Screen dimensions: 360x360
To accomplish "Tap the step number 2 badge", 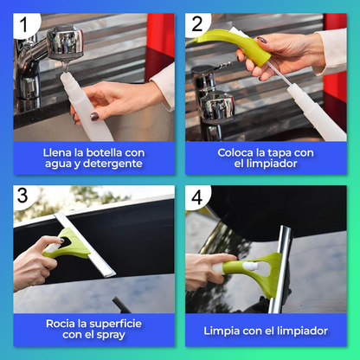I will click(197, 25).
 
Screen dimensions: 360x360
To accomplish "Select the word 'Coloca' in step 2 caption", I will click(215, 152).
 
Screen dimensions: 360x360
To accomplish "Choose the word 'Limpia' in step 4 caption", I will click(223, 331).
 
